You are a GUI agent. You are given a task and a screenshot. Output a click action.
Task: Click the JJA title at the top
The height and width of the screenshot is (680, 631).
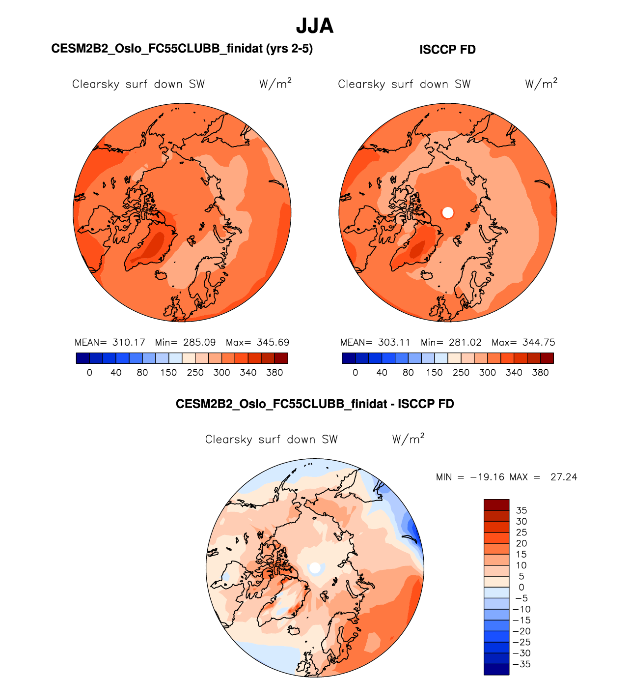coord(315,26)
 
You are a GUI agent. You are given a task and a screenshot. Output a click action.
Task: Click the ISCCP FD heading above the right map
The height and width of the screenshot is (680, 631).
coord(447,50)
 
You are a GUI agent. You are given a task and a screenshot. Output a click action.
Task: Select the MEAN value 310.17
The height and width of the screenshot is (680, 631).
coord(129,342)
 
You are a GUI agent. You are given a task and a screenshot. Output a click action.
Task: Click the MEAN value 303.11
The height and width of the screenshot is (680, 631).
coord(394,342)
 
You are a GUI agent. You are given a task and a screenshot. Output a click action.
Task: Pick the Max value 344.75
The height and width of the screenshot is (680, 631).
coord(539,342)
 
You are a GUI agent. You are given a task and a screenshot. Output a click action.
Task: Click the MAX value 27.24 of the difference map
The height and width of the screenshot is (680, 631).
coord(564,477)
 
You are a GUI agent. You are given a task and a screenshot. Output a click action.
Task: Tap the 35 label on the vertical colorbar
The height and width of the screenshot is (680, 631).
coord(521,510)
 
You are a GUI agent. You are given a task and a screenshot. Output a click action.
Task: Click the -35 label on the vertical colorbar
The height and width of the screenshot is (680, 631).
coord(521,664)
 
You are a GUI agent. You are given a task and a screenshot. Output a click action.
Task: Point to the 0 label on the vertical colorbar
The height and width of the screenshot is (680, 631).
coord(521,587)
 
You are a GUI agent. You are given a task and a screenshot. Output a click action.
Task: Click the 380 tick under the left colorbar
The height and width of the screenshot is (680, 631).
coord(274,373)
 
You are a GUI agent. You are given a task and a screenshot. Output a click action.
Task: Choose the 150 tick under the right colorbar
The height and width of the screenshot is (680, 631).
coord(435,373)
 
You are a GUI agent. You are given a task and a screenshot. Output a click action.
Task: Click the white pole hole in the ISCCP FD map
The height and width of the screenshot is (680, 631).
coord(447,212)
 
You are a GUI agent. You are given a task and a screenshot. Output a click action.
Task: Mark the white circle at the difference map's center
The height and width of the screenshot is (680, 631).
coord(315,568)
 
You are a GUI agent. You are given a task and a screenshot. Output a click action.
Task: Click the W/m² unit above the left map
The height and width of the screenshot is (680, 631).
coord(275,84)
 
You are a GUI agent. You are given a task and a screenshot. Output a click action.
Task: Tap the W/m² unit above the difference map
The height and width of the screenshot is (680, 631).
coord(408,439)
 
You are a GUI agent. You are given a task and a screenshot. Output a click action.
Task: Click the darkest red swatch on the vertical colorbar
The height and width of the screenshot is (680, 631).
coord(496,505)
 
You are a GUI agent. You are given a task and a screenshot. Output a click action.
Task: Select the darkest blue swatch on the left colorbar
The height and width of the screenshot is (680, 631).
coord(82,358)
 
